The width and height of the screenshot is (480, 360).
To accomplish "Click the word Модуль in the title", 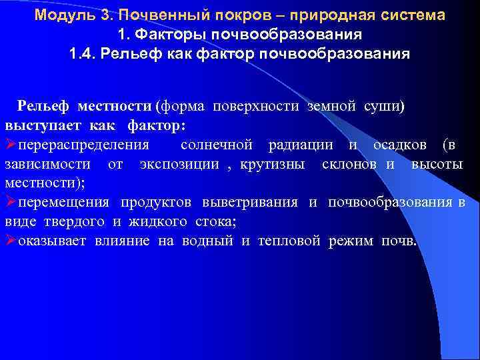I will click(x=58, y=15).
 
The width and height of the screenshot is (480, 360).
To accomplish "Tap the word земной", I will click(x=329, y=107).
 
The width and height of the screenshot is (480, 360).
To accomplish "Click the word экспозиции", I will click(x=179, y=164).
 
